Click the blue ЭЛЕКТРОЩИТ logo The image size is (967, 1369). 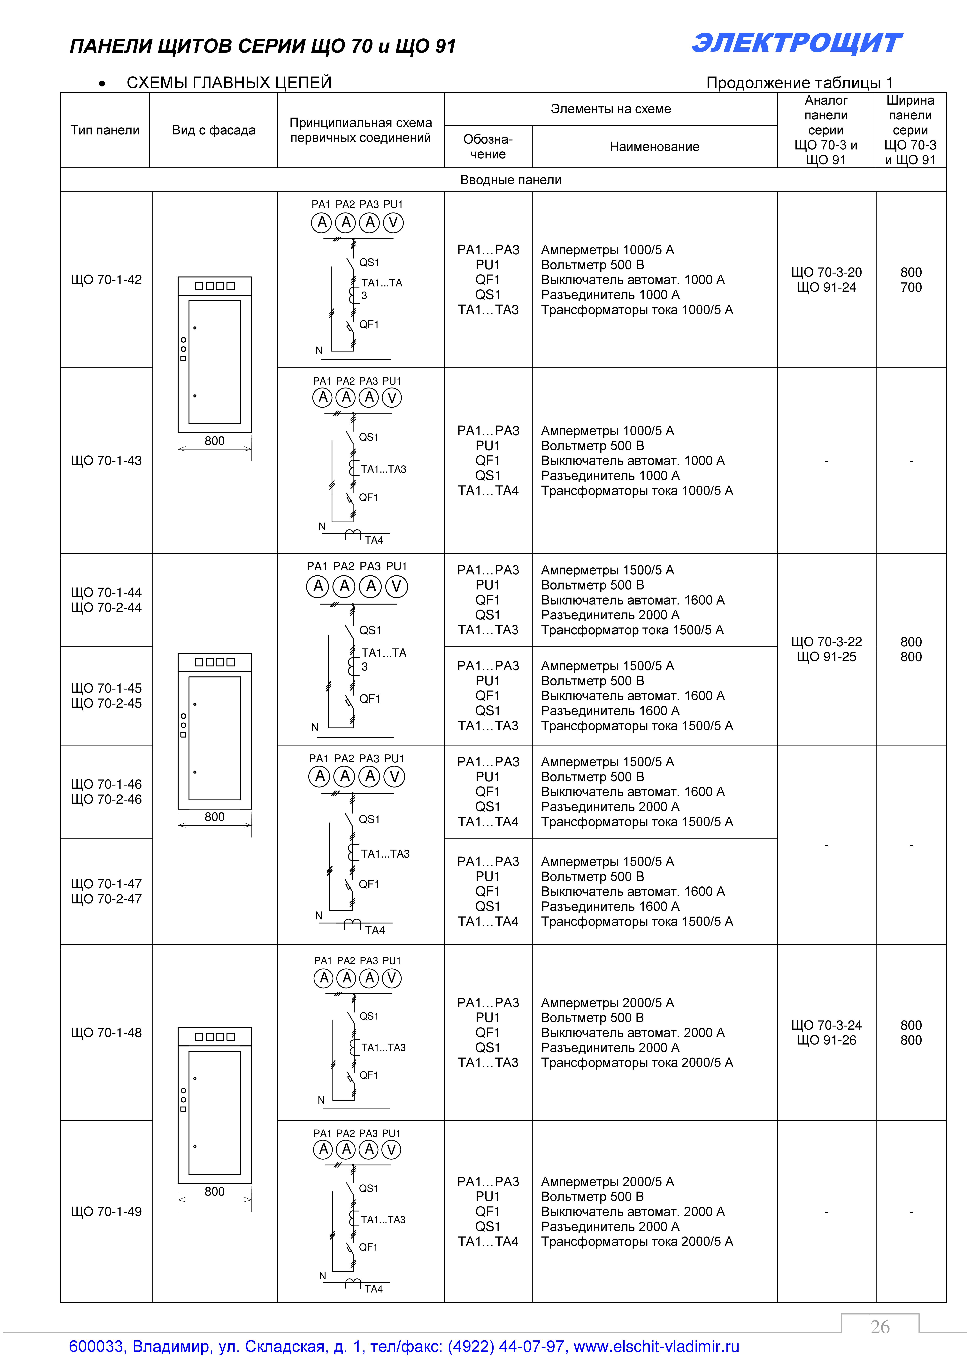pos(797,44)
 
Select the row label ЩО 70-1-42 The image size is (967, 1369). pos(106,280)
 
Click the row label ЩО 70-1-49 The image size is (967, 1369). pos(106,1212)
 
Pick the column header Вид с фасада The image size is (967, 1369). pos(213,130)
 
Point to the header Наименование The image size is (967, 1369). pos(654,147)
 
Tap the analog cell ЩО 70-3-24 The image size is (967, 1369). pos(826,1025)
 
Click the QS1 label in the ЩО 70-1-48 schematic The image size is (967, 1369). pos(369,1016)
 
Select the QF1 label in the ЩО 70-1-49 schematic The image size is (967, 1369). pos(368,1247)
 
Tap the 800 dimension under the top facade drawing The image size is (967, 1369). pos(214,441)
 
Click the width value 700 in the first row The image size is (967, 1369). pos(911,287)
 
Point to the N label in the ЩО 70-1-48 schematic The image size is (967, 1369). pos(321,1100)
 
